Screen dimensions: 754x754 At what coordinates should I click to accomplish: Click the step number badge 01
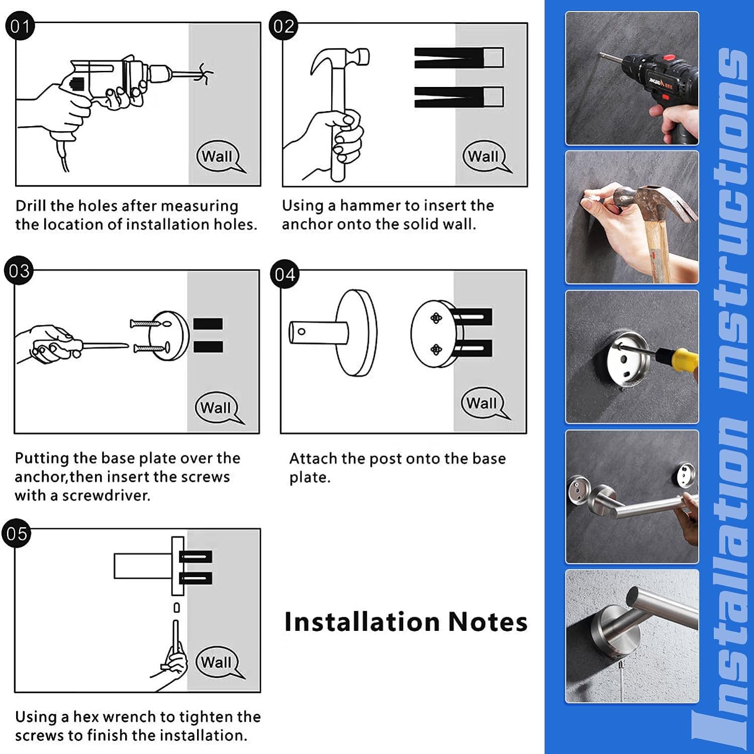(20, 26)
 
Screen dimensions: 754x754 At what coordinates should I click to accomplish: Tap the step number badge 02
(284, 26)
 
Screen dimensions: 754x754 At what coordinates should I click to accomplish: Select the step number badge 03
(19, 271)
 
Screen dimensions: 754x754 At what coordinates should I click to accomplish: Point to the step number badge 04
(285, 274)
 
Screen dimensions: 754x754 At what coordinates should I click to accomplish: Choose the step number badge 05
(17, 533)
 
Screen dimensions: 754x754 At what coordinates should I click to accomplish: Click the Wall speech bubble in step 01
(219, 157)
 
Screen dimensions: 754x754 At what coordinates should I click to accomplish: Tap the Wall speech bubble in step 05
(218, 663)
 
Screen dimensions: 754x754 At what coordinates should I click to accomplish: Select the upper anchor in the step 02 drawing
(459, 58)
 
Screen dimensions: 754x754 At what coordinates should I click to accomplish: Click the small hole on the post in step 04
(301, 331)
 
